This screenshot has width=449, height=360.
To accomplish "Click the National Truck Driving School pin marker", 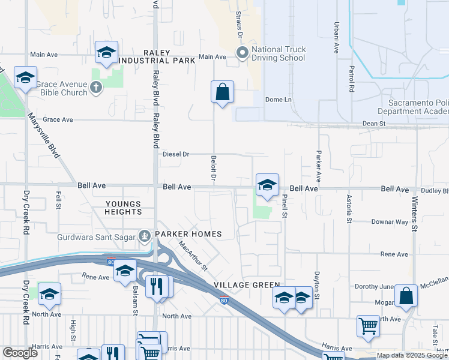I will point(243,54).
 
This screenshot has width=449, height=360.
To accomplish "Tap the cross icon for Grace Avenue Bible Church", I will point(95,88).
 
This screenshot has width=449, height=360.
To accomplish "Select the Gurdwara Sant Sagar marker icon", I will point(145,236).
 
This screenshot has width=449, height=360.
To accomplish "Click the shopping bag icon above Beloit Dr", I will point(222,92).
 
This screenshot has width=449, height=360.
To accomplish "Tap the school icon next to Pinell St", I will point(267,185).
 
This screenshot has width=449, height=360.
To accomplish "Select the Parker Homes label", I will point(188,234).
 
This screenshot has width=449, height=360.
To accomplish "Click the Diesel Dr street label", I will point(176,154).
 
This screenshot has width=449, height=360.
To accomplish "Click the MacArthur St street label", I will point(191,255).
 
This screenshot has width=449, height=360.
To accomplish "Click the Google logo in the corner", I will point(20,353).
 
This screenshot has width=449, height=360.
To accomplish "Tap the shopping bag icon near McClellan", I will point(406,296).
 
